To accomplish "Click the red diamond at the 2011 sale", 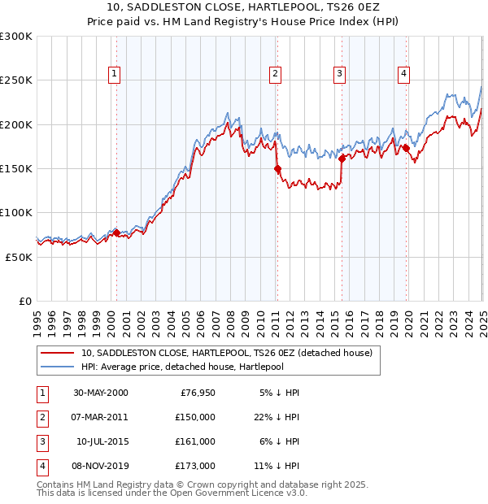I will point(277,169).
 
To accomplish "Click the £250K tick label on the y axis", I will point(16,80).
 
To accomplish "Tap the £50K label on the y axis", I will point(19,257).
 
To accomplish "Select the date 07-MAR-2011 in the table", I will point(99,416).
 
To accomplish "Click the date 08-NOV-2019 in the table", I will point(99,466).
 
